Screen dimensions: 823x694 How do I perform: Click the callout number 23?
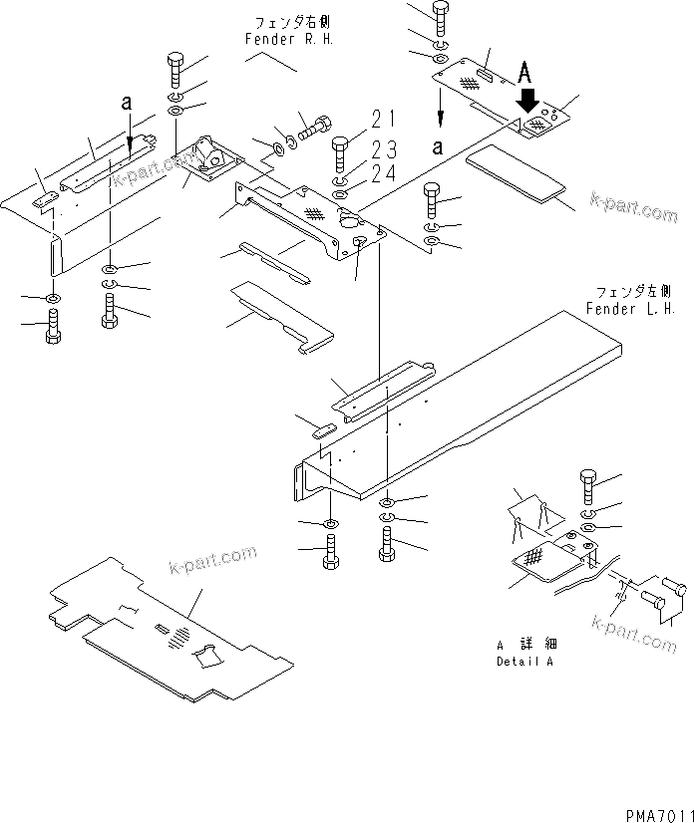(x=383, y=149)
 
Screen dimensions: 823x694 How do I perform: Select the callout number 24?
(x=383, y=174)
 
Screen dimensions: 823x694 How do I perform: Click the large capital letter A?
(x=529, y=73)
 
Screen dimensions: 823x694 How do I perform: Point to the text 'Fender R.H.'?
(x=278, y=38)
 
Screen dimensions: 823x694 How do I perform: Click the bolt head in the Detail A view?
(x=589, y=483)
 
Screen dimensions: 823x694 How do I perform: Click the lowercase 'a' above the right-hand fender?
(x=126, y=102)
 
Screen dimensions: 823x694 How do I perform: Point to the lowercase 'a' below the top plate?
(x=440, y=146)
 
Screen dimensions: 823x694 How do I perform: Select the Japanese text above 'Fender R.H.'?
(x=278, y=22)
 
